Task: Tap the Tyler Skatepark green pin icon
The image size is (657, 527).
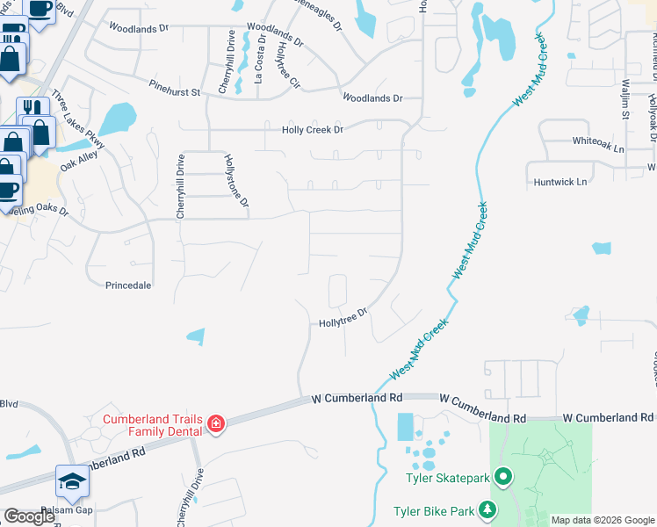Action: [x=503, y=478]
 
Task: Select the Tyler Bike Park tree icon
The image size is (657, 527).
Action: [x=486, y=510]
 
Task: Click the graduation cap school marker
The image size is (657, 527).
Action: [x=72, y=481]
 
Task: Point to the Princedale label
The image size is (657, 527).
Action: [x=128, y=285]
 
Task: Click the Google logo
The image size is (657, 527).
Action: [x=29, y=516]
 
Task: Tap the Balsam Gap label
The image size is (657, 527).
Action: [x=70, y=509]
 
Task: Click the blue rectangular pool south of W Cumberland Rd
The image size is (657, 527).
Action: [x=406, y=428]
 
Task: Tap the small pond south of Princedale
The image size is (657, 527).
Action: [x=197, y=336]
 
